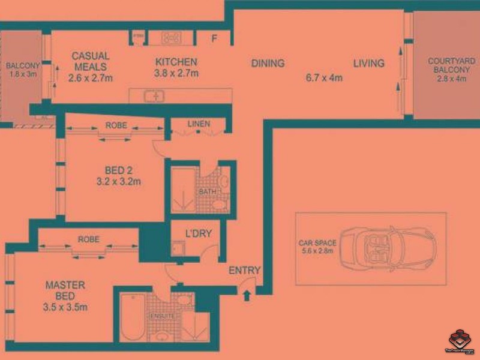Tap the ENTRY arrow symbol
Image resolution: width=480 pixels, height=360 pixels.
click(x=245, y=294)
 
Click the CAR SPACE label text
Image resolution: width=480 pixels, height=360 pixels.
click(x=317, y=243)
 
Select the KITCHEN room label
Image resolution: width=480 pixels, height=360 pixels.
click(x=176, y=62)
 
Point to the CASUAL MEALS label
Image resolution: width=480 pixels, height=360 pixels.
click(x=90, y=61)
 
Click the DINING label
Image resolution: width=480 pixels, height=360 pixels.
click(x=268, y=64)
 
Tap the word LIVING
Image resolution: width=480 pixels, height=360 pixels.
click(x=368, y=64)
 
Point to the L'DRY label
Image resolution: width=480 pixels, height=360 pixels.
click(x=197, y=233)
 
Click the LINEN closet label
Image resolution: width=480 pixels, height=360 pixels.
click(x=199, y=124)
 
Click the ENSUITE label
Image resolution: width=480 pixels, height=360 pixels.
click(x=163, y=316)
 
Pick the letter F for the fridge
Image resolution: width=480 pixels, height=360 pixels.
click(x=214, y=39)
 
